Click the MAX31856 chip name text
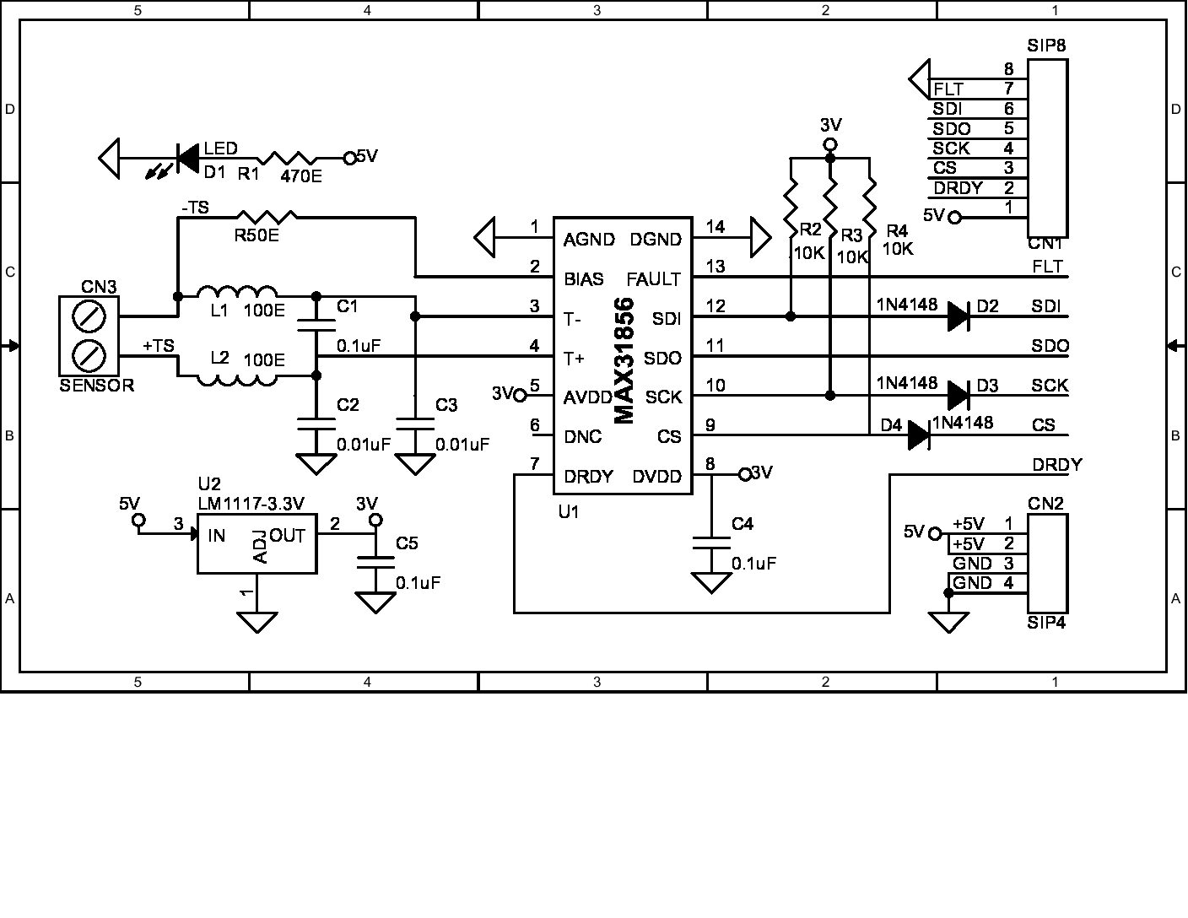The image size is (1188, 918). coord(624,360)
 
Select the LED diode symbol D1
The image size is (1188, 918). coord(187,158)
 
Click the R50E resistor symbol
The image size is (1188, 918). coord(266,217)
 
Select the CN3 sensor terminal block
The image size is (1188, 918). coord(89,336)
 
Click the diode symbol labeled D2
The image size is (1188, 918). coord(958,316)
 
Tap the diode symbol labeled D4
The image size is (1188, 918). coord(919,435)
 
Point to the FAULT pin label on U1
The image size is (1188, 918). coord(653,279)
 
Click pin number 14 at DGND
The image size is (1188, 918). coord(715,227)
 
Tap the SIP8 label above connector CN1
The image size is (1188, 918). coord(1046,46)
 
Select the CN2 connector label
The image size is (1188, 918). coord(1045,504)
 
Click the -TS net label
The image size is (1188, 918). coord(195,207)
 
